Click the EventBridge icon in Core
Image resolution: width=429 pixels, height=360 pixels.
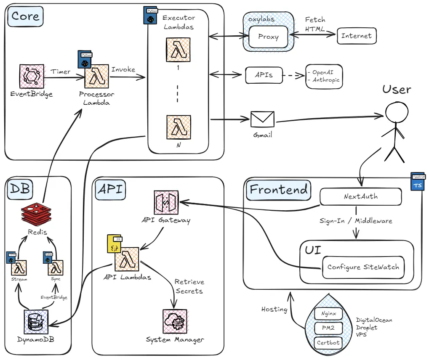click(32, 76)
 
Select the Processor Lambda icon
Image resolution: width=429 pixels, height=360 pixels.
click(97, 77)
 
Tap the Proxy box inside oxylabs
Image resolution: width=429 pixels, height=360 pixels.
click(269, 37)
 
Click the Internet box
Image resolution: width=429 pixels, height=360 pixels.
click(356, 36)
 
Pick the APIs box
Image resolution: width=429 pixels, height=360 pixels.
click(264, 75)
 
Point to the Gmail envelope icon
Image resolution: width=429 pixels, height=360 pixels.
click(262, 119)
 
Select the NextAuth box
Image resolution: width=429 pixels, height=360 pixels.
click(360, 196)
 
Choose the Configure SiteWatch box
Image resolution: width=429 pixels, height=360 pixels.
click(363, 267)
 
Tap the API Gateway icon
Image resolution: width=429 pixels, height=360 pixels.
click(166, 202)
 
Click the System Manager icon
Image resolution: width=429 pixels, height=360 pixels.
click(175, 321)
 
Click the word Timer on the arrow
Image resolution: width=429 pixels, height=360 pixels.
click(61, 71)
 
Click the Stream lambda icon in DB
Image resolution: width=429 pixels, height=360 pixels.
click(20, 267)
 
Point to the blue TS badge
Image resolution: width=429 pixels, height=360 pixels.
click(417, 185)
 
